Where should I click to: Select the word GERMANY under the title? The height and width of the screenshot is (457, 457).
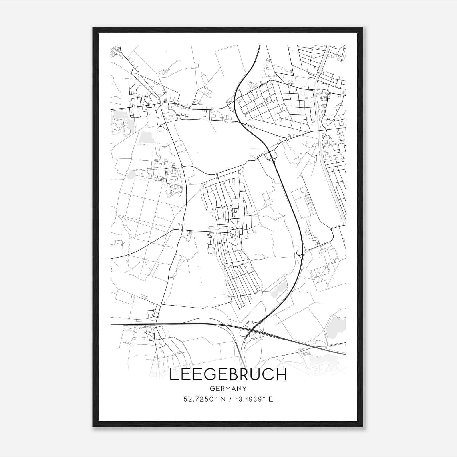tap(228, 388)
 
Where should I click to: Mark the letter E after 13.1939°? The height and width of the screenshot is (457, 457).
tap(271, 399)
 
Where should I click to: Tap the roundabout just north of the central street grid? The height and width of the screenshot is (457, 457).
tap(217, 174)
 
